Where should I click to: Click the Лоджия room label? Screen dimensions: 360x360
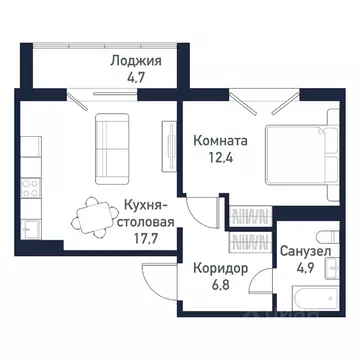click(x=136, y=61)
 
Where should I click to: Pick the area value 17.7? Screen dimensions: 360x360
click(x=148, y=237)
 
